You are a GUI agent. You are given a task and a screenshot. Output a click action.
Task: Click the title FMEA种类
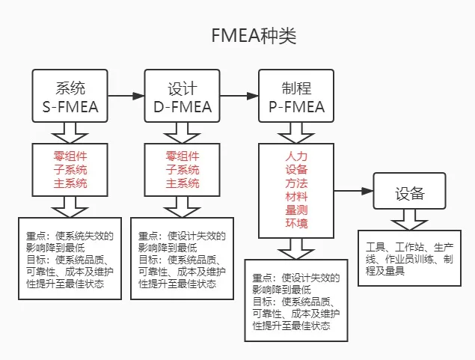tap(254, 36)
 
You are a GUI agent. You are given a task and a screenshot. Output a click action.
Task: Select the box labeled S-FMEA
tap(70, 96)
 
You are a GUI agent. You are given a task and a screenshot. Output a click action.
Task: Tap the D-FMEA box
tap(182, 96)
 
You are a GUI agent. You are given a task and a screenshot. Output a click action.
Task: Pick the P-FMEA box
tap(296, 96)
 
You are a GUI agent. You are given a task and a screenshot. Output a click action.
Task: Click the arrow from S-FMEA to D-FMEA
tap(126, 96)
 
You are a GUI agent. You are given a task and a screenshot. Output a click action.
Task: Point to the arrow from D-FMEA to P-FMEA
tap(239, 96)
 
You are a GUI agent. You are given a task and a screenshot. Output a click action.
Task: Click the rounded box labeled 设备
tap(410, 191)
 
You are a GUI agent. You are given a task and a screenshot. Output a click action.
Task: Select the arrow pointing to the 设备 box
tap(354, 191)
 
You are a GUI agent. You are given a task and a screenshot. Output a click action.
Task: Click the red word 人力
tap(296, 156)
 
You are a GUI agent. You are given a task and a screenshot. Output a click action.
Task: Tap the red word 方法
tap(296, 183)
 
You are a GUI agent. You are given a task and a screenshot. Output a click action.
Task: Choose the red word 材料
tap(296, 197)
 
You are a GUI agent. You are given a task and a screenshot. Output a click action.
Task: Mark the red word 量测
tap(296, 210)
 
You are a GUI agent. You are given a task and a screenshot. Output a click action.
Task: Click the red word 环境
tap(296, 223)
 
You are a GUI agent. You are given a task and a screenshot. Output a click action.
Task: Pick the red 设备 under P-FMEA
tap(296, 170)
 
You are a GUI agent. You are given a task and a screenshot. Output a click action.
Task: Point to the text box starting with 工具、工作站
tap(410, 258)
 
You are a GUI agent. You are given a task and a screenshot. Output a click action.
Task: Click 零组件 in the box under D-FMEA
tap(183, 156)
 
